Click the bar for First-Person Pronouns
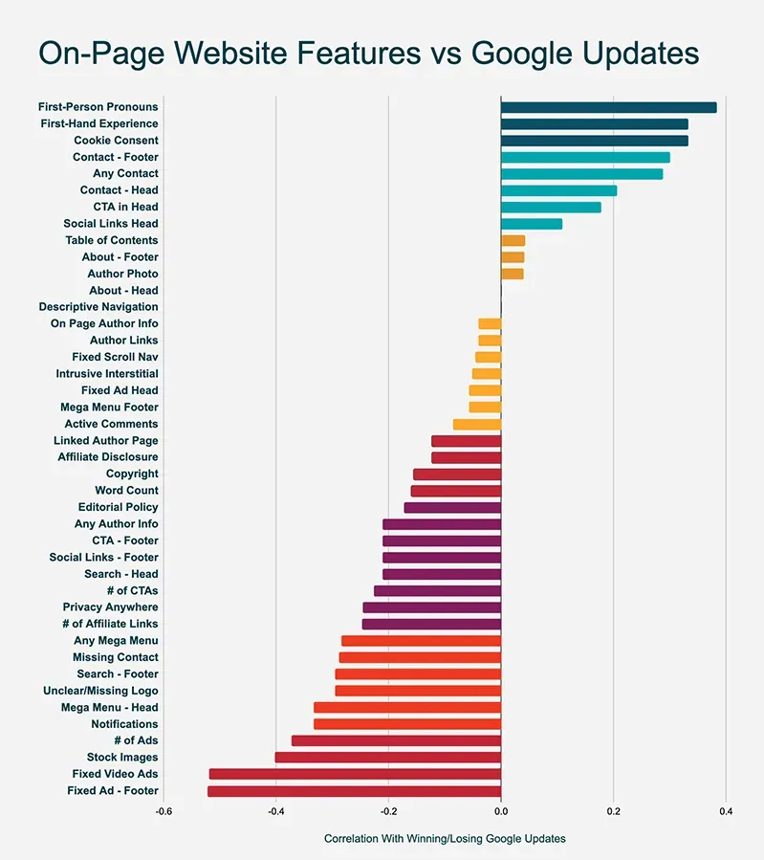608,107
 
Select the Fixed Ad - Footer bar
354,791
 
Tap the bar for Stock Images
387,758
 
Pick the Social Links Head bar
531,224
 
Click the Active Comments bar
476,424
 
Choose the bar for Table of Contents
513,240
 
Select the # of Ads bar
396,740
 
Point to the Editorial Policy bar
452,507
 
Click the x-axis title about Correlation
445,839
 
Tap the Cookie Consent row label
116,141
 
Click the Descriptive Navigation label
98,307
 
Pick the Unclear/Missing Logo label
100,691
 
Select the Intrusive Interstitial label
107,374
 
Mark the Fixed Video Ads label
115,774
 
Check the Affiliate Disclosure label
108,457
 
